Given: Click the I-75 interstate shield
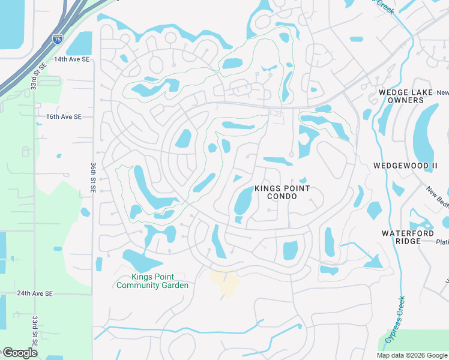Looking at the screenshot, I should pos(57,40).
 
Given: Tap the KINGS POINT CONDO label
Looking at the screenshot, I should pos(282,192).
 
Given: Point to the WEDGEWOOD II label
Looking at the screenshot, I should pos(405,165).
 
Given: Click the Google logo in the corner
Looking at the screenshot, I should pos(19,353).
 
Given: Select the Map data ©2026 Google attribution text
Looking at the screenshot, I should pos(412,355).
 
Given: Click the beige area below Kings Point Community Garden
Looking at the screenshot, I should pos(226,283).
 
